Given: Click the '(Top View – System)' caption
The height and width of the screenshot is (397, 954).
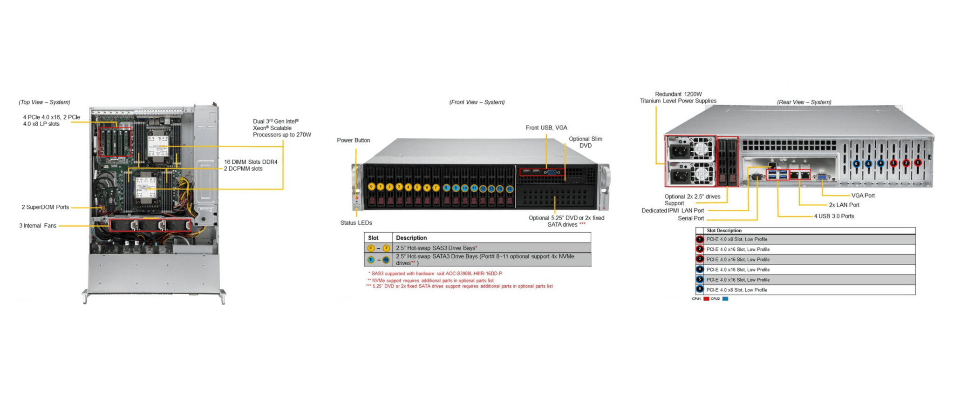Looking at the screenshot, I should click(44, 102).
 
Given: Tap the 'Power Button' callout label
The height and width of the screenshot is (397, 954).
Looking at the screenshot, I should click(353, 140).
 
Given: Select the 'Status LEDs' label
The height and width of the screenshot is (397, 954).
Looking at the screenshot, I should click(356, 223).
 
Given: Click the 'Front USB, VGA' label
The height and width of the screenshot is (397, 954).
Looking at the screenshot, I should click(546, 128).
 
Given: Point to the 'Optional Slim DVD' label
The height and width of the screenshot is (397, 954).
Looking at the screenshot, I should click(585, 142).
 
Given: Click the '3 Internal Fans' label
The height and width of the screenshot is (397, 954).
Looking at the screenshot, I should click(38, 226).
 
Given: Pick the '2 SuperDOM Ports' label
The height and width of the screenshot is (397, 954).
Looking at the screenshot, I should click(45, 207).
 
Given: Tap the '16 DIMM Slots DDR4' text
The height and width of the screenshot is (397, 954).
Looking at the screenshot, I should click(251, 162).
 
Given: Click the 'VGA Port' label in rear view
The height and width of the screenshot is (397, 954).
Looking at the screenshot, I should click(863, 195).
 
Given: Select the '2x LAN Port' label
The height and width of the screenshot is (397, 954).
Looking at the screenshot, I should click(844, 205).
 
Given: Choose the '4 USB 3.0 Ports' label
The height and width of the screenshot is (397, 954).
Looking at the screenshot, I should click(834, 216).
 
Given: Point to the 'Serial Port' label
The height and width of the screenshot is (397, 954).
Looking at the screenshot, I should click(691, 218).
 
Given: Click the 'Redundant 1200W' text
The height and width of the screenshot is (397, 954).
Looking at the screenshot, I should click(678, 94).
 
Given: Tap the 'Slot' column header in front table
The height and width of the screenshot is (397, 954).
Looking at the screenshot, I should click(373, 238).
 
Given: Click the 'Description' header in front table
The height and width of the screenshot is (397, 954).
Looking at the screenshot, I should click(411, 238).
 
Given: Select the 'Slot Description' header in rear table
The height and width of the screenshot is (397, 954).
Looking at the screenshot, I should click(724, 230).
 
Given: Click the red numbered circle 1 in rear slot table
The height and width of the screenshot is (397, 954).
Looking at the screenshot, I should click(700, 239).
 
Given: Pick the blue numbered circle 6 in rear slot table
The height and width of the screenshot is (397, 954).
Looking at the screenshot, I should click(700, 289).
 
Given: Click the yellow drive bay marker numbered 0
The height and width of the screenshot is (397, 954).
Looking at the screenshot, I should click(371, 187).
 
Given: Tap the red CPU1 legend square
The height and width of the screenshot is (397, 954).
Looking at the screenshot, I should click(706, 299).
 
